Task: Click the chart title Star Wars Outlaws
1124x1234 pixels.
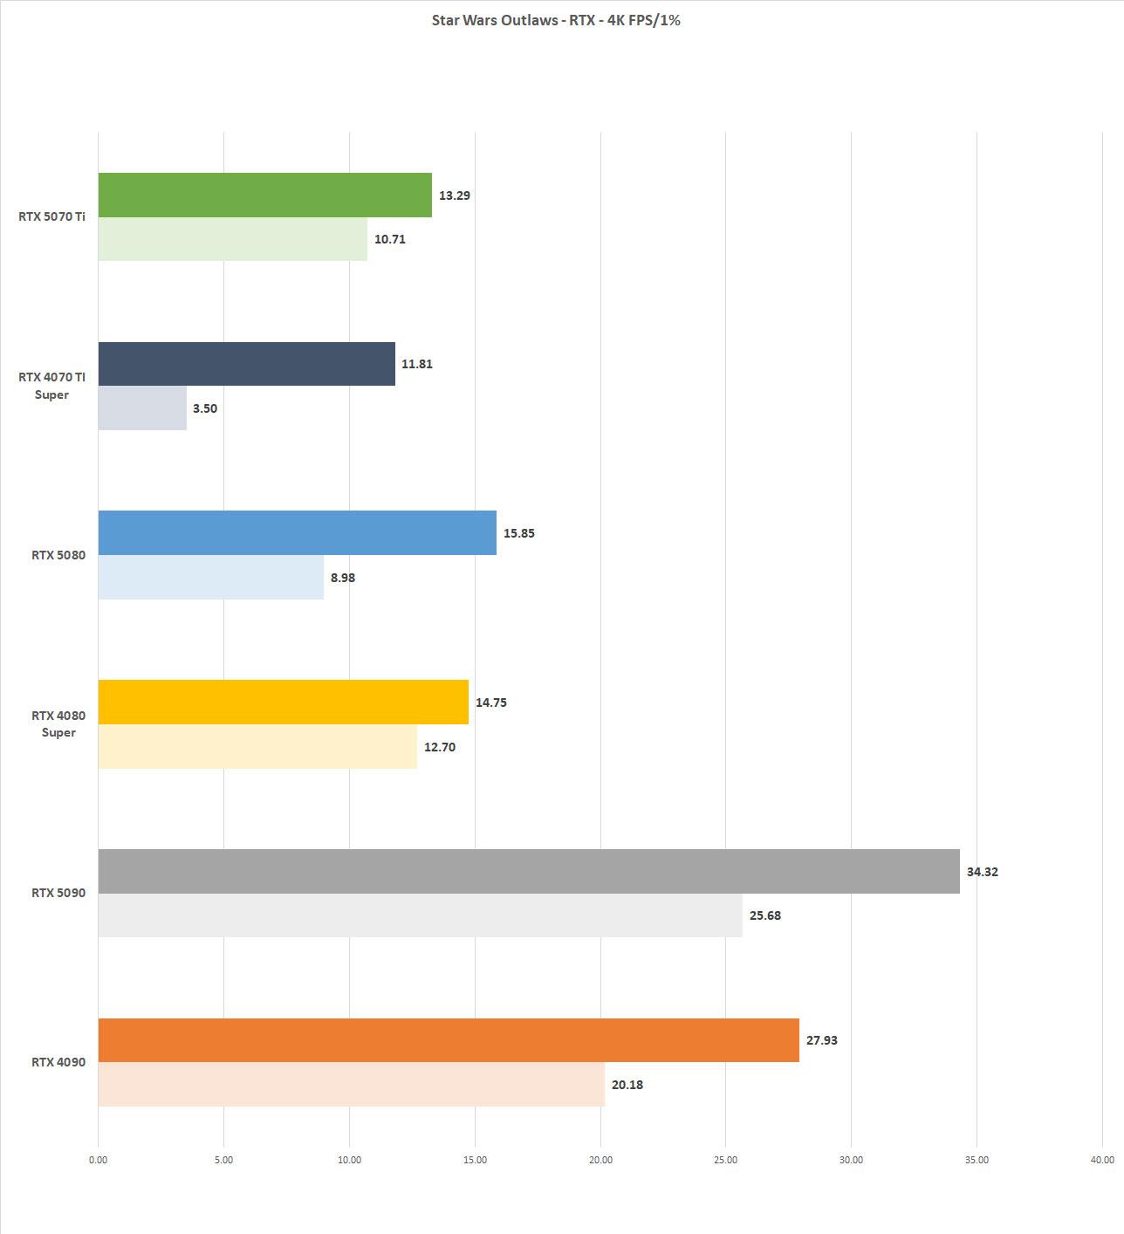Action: coord(556,20)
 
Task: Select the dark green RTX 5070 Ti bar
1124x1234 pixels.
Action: coord(264,195)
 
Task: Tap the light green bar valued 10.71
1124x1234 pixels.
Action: coord(232,239)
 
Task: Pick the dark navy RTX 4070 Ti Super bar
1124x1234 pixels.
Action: coord(246,364)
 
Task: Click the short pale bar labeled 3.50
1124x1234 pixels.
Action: coord(142,408)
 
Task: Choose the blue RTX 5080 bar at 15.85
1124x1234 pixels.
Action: coord(297,533)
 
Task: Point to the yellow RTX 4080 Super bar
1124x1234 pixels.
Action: coord(283,703)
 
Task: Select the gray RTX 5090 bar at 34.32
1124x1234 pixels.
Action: coord(528,871)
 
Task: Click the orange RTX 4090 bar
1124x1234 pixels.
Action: coord(448,1040)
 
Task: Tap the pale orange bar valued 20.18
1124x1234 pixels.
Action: coord(351,1085)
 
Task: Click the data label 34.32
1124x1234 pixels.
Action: coord(982,872)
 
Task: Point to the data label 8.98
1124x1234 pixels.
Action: coord(343,578)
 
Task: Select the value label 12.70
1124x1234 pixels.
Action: coord(440,747)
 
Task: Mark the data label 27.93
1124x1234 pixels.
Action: coord(821,1040)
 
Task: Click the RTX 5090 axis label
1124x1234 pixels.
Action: coord(58,893)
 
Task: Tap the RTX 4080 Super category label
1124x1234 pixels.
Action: coord(58,723)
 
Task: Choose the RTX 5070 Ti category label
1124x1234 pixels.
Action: coord(51,216)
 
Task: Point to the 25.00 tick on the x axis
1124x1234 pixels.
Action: coord(725,1160)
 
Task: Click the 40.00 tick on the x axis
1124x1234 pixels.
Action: coord(1101,1160)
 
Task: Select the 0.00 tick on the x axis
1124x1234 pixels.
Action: coord(98,1160)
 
